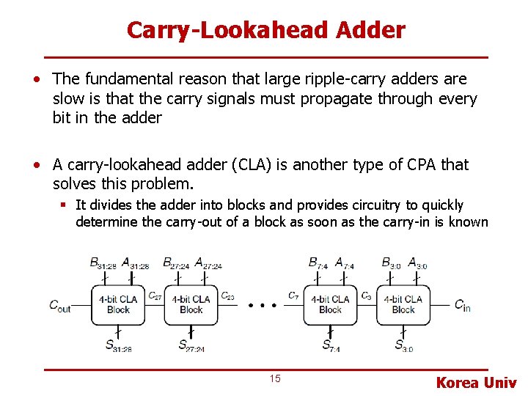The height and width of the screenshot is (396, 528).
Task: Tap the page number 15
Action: coord(275,378)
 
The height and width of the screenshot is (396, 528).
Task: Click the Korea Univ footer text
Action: coord(476,382)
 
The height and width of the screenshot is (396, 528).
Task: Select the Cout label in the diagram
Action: coord(59,306)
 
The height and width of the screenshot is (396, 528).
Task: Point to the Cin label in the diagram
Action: coord(462,305)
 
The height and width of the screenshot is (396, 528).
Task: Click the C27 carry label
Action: coord(155,296)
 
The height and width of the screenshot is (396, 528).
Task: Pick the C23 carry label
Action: coord(227,296)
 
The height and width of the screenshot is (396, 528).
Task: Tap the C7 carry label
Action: coord(293,296)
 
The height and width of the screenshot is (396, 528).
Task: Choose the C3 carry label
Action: coord(366,296)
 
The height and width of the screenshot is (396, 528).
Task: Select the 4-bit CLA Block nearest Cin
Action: coord(403,304)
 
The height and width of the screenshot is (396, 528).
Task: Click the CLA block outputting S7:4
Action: coord(330,304)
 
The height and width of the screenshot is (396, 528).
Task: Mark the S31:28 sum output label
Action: coord(117,346)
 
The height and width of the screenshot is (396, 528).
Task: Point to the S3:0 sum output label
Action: coord(403,346)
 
